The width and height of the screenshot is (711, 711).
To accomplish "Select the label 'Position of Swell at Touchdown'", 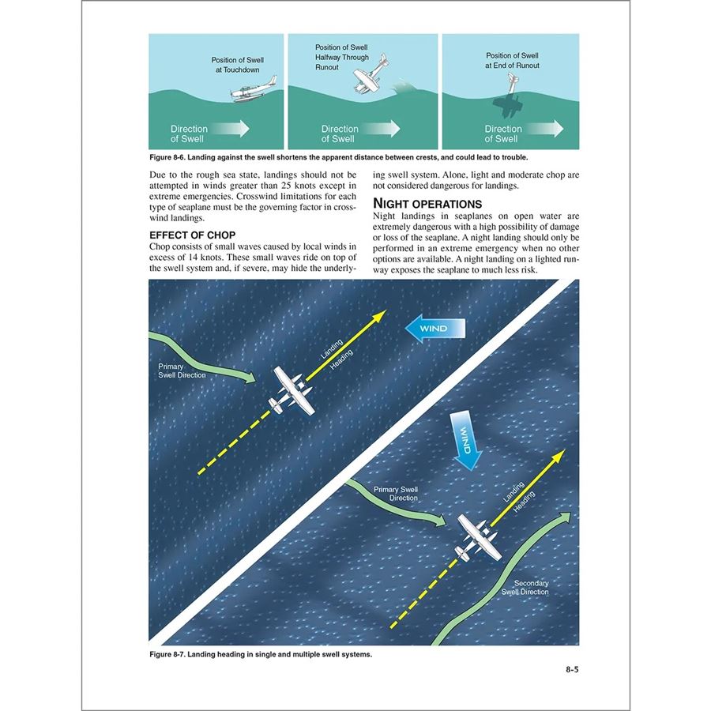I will click(x=238, y=65).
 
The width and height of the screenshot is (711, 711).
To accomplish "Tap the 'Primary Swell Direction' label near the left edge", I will click(x=182, y=371).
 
